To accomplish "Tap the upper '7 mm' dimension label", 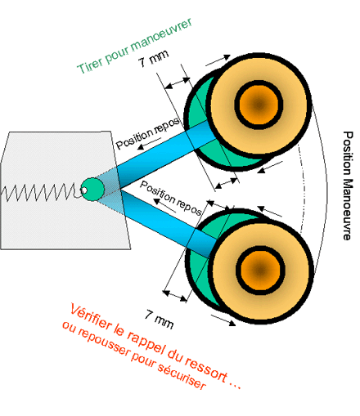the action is tap(153, 58).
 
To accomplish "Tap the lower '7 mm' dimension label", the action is tap(160, 320).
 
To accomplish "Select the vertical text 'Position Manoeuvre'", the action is tap(348, 186).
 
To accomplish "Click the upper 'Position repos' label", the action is tap(148, 133).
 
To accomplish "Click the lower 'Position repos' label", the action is tap(171, 198).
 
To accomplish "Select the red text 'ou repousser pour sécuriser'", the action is tap(134, 356).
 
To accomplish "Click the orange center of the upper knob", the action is tap(259, 105).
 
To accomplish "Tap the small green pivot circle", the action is tap(92, 190).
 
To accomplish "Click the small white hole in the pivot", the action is tap(83, 190).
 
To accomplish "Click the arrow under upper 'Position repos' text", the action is tap(149, 143).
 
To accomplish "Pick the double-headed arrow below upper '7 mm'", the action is tap(178, 83).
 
